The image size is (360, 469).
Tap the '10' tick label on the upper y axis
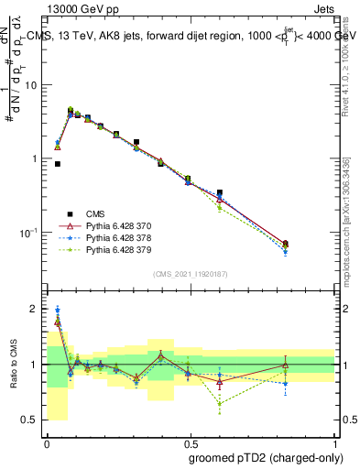coord(32,85)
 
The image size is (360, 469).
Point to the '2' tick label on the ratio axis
coord(36,309)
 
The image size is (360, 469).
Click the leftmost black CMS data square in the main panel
coord(58,164)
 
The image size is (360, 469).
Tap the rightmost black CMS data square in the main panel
coord(286,244)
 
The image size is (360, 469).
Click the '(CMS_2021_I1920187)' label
coord(191,273)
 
